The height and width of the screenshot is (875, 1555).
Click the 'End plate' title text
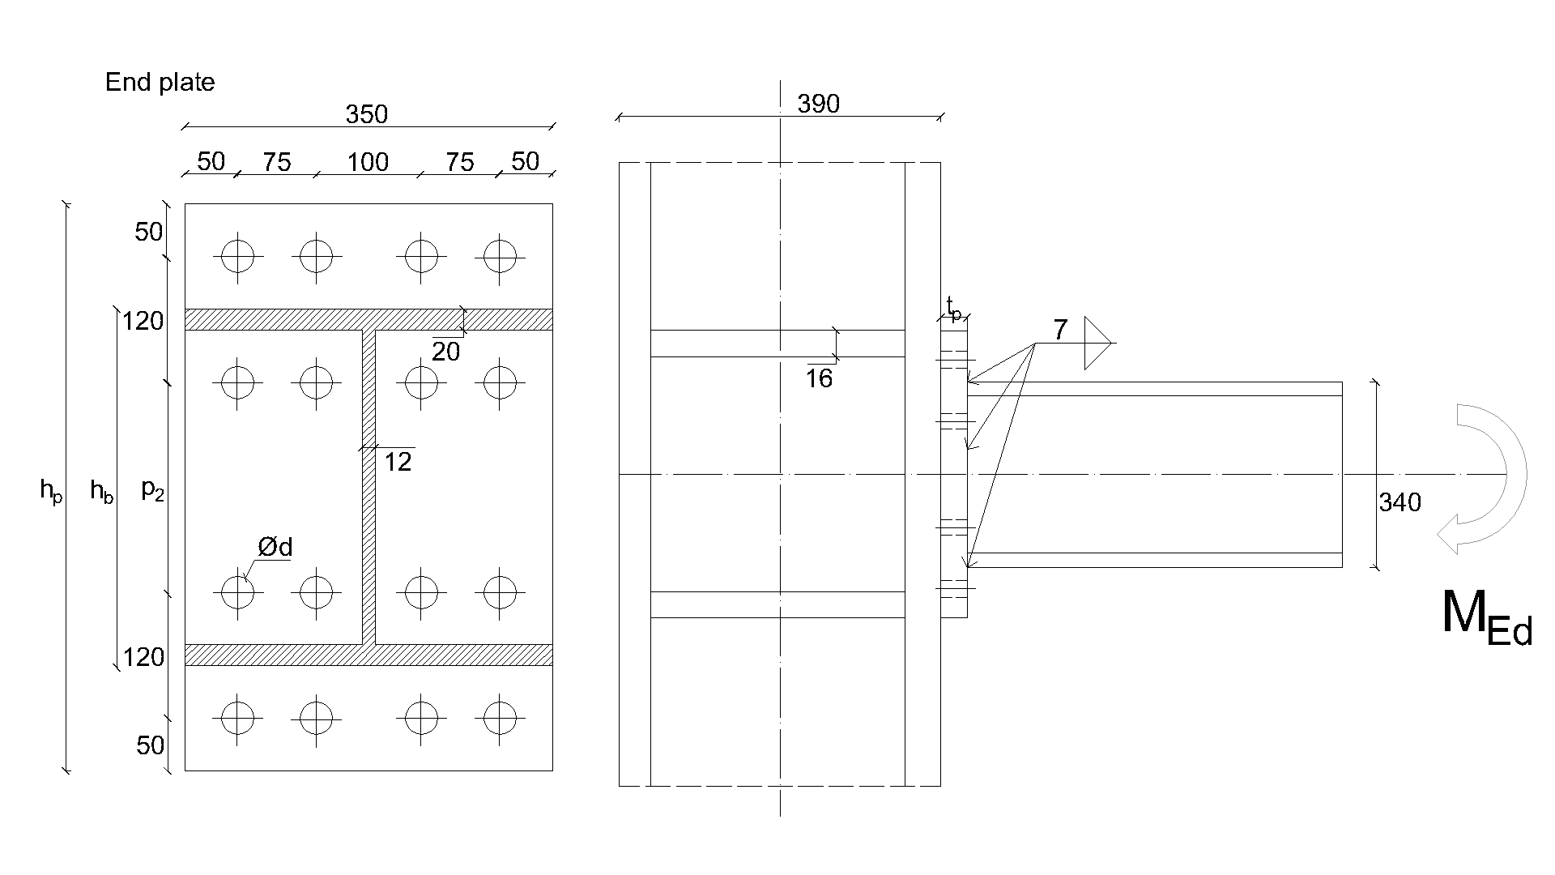[x=160, y=83]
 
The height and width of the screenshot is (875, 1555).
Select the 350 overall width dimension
[x=367, y=115]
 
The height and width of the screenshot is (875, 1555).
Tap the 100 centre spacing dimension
[x=368, y=163]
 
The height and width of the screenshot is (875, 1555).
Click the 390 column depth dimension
[x=819, y=105]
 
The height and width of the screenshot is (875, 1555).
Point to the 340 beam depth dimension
[x=1399, y=503]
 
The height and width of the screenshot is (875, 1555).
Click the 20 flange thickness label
[x=445, y=352]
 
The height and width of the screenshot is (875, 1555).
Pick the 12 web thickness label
[x=398, y=463]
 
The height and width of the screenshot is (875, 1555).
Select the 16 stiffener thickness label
[x=819, y=379]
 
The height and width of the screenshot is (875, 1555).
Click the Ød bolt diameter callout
[x=275, y=548]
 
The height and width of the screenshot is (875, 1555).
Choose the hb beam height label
[x=101, y=490]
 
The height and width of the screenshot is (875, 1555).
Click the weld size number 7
[x=1060, y=331]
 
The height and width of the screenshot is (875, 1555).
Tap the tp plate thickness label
[x=955, y=309]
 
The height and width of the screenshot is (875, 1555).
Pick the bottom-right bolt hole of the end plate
[x=501, y=718]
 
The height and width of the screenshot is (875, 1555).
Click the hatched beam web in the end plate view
[x=369, y=486]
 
